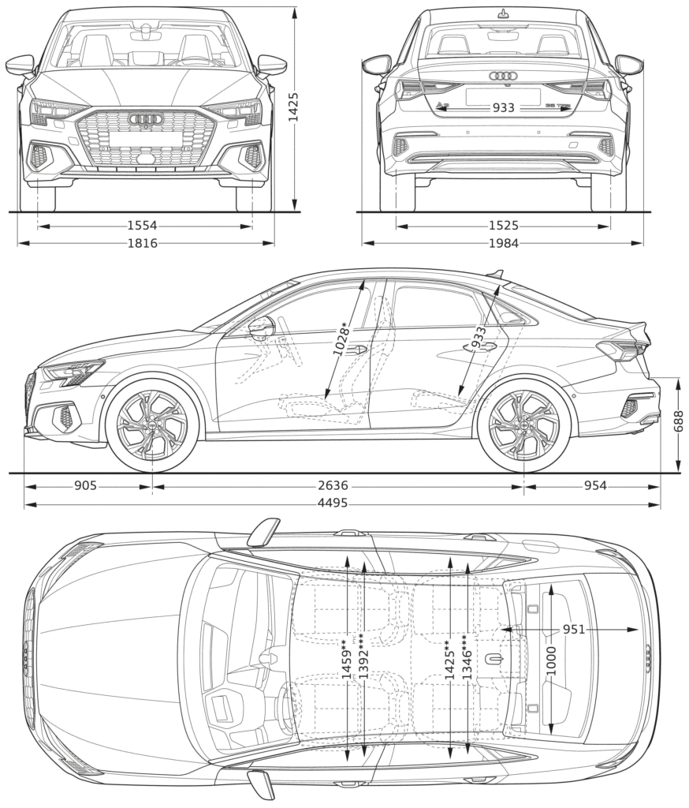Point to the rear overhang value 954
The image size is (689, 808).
click(x=595, y=486)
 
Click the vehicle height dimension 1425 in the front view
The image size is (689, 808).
click(x=293, y=107)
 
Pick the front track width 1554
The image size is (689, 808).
click(x=143, y=226)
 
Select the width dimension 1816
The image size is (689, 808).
click(x=143, y=243)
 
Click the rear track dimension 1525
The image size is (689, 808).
click(x=503, y=226)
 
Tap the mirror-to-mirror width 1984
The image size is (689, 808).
click(x=503, y=243)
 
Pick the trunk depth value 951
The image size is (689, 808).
click(x=574, y=629)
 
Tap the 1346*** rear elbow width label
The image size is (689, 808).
click(x=467, y=660)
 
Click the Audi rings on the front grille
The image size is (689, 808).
click(x=146, y=119)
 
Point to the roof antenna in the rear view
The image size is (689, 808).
click(x=503, y=13)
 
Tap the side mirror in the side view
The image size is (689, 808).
click(x=262, y=326)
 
